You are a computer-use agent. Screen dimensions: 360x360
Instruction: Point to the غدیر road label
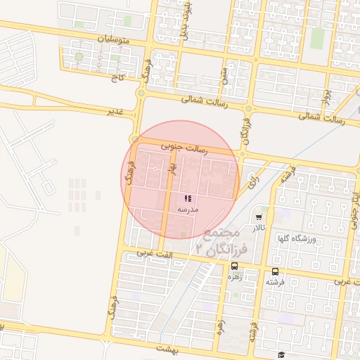click(115, 112)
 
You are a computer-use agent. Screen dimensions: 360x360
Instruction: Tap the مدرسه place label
click(188, 210)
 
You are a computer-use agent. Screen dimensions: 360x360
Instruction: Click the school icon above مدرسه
click(188, 199)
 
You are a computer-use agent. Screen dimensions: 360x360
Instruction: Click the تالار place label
click(259, 228)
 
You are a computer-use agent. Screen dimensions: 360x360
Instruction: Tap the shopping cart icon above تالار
click(259, 217)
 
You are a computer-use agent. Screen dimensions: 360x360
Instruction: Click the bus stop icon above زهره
click(234, 266)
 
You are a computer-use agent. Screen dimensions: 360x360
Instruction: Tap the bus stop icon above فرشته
click(274, 271)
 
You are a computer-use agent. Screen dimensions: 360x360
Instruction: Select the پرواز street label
click(326, 92)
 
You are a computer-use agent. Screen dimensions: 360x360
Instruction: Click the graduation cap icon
click(281, 355)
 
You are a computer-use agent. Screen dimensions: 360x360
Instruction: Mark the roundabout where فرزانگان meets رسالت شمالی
click(248, 109)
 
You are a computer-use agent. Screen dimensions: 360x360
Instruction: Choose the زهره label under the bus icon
click(234, 277)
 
